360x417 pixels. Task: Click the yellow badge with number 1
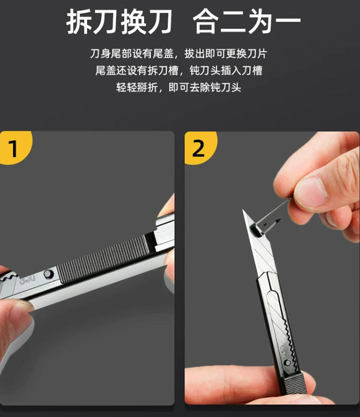click(14, 147)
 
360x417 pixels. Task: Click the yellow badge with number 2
click(200, 147)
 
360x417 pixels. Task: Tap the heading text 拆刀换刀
click(120, 21)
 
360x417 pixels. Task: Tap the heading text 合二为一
click(247, 21)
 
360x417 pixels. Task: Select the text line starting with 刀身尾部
click(179, 53)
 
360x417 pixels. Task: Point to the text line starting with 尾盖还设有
click(179, 71)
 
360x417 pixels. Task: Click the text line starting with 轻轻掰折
click(179, 87)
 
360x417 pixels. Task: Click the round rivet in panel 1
click(48, 274)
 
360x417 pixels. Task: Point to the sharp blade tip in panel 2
click(243, 210)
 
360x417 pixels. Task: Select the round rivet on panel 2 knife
click(287, 363)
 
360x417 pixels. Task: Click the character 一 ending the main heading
click(288, 21)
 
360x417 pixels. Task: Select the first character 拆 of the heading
click(79, 21)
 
